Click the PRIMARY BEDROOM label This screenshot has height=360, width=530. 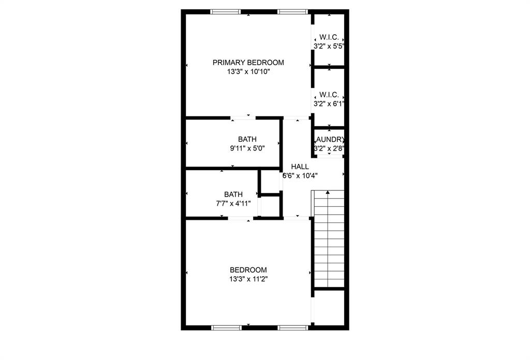coord(248,63)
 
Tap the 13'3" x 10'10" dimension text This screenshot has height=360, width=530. coord(248,72)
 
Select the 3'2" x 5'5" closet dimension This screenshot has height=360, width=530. coord(329,46)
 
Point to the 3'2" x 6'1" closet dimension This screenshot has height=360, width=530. coord(329,103)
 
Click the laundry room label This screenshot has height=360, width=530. coord(330,139)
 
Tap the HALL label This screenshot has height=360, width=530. coord(300,167)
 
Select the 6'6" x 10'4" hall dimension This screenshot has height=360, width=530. coord(300,175)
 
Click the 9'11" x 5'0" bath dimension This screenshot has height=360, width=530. coord(247,148)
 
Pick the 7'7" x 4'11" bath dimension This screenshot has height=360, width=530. coord(233,203)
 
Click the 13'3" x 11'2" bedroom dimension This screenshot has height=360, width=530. coord(248,279)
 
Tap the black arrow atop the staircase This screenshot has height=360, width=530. coord(328,192)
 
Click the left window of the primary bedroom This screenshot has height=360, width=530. coord(225,11)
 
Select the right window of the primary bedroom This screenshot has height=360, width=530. coord(293,11)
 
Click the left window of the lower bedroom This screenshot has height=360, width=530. coord(227,327)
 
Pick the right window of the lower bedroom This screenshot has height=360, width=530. coord(293,327)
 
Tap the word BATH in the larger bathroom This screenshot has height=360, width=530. coord(247,139)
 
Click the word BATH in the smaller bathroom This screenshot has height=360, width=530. coord(233,194)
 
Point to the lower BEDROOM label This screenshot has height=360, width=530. coord(248,270)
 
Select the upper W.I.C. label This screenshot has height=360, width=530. coord(329,37)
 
